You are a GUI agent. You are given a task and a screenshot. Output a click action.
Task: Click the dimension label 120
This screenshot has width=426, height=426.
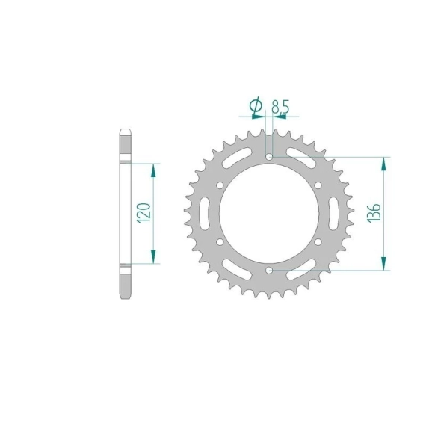[143, 213]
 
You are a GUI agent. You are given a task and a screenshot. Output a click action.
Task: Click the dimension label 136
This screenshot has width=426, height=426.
[374, 213]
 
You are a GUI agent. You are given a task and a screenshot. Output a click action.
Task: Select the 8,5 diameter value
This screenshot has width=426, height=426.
[281, 106]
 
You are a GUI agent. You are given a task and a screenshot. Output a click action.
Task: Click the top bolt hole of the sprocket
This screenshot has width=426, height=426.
[269, 157]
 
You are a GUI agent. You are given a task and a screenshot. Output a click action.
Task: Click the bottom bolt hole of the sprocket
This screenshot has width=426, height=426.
[269, 270]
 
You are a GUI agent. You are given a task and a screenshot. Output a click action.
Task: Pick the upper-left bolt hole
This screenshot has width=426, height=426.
[220, 185]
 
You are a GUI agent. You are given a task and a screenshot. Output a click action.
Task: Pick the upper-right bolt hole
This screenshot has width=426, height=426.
[318, 185]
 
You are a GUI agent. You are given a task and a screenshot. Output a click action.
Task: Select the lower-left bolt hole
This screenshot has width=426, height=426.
[220, 242]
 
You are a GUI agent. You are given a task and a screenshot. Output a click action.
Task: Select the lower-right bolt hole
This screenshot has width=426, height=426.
[318, 242]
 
